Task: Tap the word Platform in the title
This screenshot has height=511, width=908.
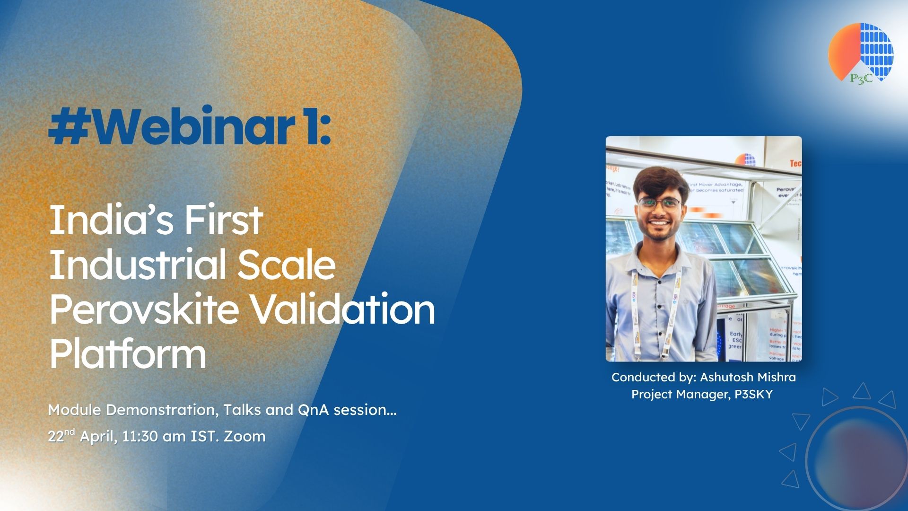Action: (128, 353)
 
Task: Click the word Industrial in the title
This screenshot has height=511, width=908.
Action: (137, 264)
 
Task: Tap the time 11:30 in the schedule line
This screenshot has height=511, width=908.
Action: (140, 436)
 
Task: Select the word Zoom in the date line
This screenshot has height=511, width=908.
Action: (244, 436)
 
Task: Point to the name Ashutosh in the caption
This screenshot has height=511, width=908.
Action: (725, 377)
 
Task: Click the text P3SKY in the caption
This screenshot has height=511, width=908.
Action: (753, 394)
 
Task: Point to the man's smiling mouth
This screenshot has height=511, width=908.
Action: (661, 222)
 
